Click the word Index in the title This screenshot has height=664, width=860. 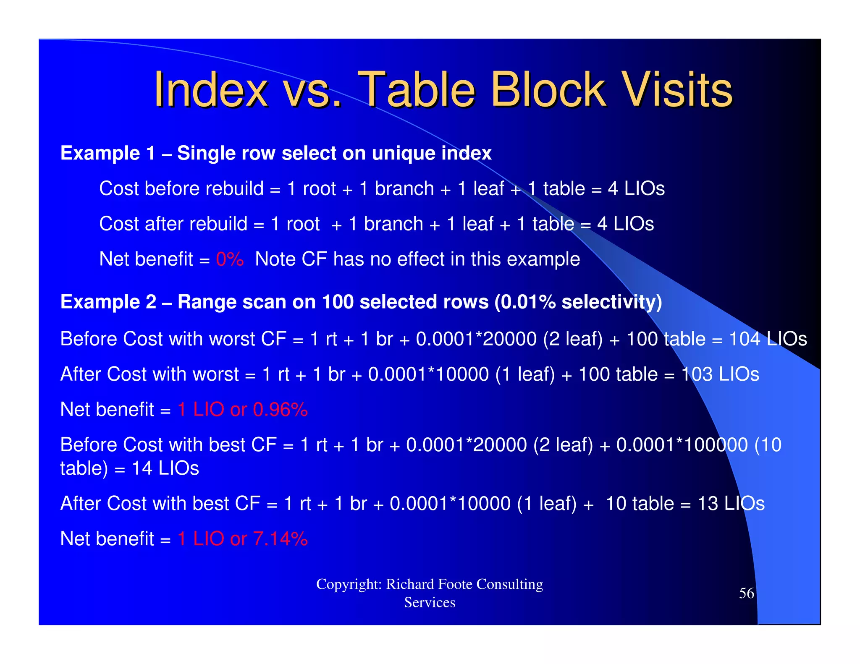pyautogui.click(x=210, y=89)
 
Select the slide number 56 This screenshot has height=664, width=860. pyautogui.click(x=746, y=593)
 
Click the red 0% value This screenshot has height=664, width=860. pyautogui.click(x=229, y=259)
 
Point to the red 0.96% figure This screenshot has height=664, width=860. pyautogui.click(x=281, y=410)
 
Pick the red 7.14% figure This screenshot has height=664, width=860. pyautogui.click(x=281, y=539)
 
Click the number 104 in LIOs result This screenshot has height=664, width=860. pyautogui.click(x=745, y=339)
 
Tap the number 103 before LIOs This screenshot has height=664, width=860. pyautogui.click(x=697, y=374)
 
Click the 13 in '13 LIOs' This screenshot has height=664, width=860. pyautogui.click(x=708, y=504)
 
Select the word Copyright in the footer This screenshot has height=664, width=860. pyautogui.click(x=349, y=584)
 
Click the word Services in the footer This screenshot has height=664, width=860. pyautogui.click(x=430, y=603)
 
